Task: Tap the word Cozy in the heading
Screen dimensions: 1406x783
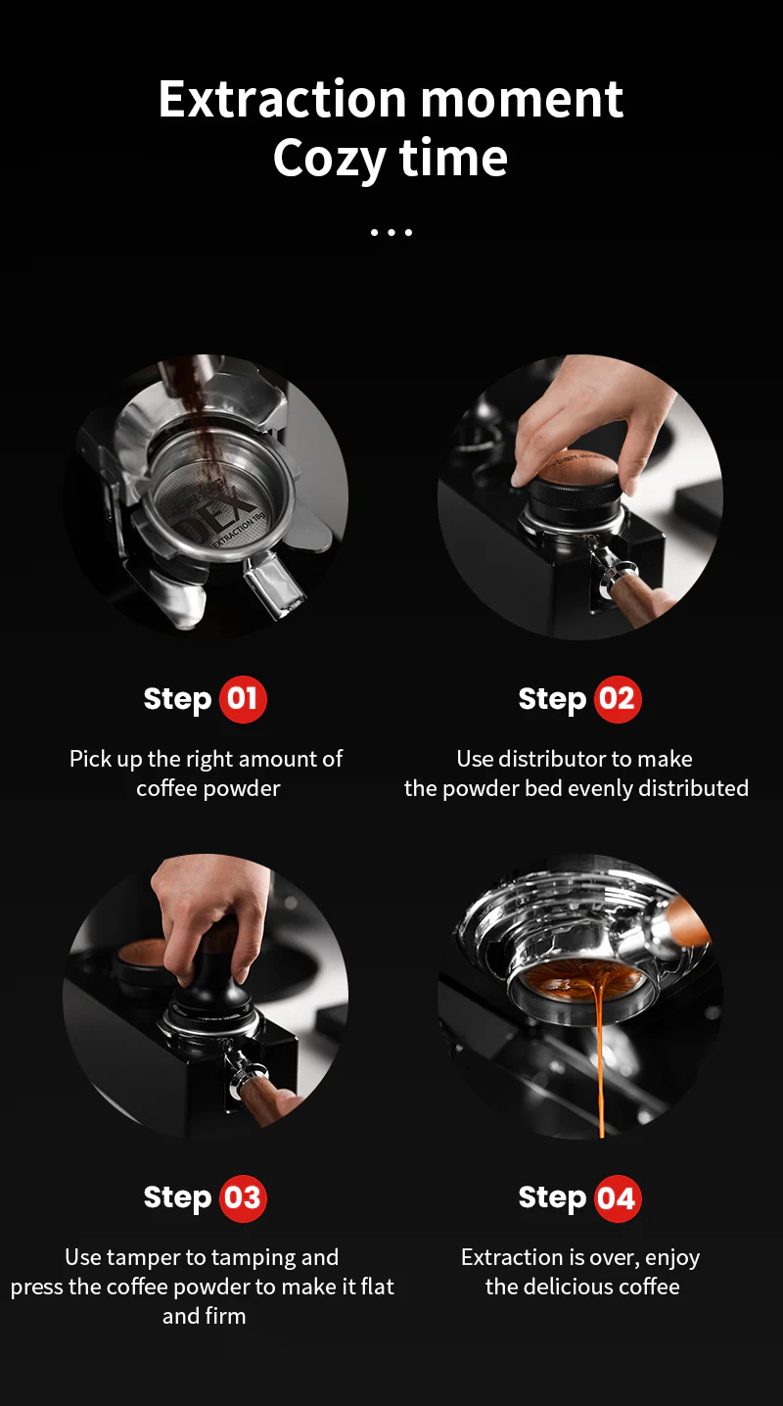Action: (x=328, y=159)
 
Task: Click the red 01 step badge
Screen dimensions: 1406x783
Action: (x=243, y=699)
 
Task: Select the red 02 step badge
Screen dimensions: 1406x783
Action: (x=617, y=699)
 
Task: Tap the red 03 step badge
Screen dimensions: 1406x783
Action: (x=243, y=1197)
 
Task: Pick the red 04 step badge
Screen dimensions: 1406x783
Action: (x=617, y=1197)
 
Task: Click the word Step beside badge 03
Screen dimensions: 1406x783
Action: (x=177, y=1197)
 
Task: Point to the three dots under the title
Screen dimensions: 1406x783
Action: (x=391, y=233)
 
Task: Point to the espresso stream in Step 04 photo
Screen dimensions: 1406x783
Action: (x=599, y=1057)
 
